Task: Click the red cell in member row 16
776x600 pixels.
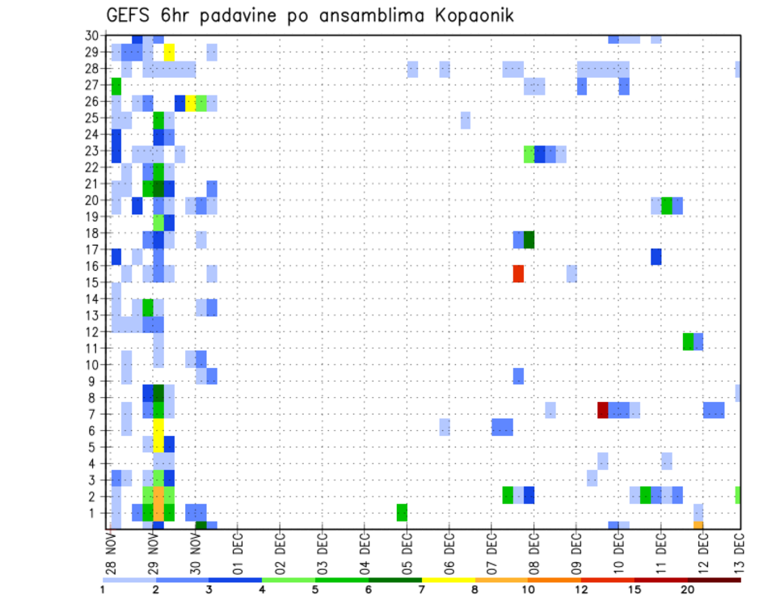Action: [518, 273]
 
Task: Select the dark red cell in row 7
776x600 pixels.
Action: [602, 410]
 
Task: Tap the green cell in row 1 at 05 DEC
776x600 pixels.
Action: [402, 512]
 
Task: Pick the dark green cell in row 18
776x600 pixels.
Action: [529, 240]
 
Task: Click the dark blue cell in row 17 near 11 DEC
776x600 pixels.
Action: [656, 256]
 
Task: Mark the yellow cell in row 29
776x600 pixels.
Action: [169, 52]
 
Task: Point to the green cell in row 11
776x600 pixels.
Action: [688, 341]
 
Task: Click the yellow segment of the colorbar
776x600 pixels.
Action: [448, 580]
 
